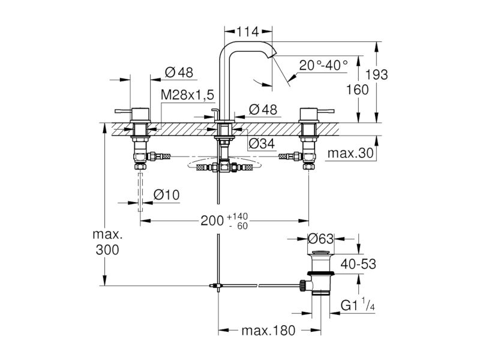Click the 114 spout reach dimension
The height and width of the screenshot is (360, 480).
pos(248,31)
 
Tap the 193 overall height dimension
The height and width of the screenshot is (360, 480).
pos(377,74)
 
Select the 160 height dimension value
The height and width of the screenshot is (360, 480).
pos(357,89)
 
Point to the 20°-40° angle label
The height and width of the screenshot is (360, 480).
pos(323,65)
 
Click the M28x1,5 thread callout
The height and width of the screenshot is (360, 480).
pos(187,95)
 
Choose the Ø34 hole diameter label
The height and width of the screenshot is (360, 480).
pos(262,143)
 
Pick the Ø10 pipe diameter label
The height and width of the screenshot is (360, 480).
pos(166,194)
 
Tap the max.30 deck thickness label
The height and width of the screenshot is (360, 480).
pos(350,152)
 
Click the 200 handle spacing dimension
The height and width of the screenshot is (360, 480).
pos(212,220)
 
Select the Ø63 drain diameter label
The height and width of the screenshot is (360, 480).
pos(320,238)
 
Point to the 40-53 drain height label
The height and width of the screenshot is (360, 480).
pos(358,264)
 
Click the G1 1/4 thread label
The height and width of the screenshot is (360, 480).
pos(358,305)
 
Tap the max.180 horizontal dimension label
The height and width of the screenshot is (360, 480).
pos(268,331)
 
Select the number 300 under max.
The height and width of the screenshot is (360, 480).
pos(107,250)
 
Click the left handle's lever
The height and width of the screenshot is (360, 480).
pos(123,111)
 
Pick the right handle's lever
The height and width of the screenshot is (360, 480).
pos(326,111)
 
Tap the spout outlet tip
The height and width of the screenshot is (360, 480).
pos(272,55)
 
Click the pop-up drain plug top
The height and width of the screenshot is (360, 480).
pos(320,253)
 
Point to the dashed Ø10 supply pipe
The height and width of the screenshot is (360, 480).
pos(140,192)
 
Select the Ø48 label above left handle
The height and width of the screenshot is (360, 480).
pos(179,73)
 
